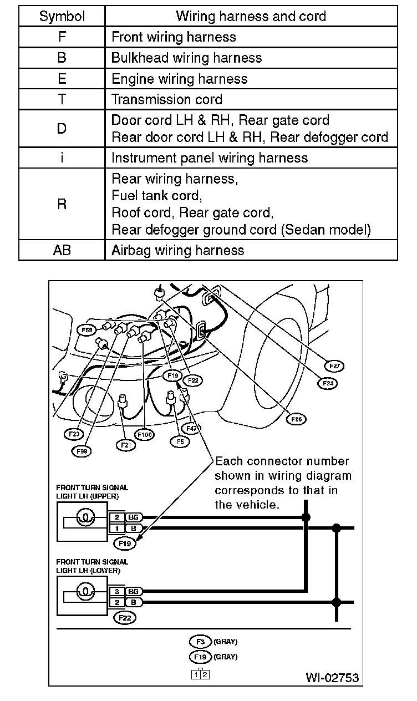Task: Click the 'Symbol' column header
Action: point(62,16)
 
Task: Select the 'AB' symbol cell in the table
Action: point(62,250)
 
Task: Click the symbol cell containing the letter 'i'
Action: point(62,158)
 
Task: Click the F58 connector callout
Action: point(88,330)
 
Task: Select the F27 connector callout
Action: point(334,366)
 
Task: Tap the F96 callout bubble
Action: point(296,419)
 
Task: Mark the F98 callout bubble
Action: point(82,451)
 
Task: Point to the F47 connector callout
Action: point(192,428)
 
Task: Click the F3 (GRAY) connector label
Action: point(200,642)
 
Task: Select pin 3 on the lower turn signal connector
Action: point(118,592)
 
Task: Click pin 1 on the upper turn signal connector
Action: point(118,528)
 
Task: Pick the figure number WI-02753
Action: point(332,678)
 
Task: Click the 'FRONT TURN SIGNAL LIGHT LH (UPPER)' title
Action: point(92,491)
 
